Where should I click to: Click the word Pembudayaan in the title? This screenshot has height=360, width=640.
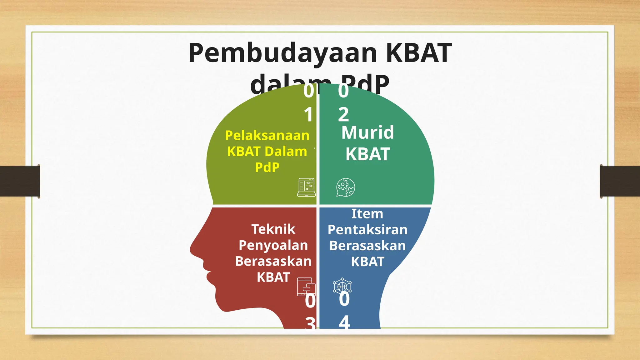click(x=283, y=53)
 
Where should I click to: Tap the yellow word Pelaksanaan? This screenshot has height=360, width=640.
click(x=267, y=136)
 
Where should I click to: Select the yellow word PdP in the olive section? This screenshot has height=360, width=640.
click(x=267, y=167)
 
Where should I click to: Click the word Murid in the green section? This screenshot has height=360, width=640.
click(x=367, y=132)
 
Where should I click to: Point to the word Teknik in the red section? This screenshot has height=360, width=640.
click(x=273, y=229)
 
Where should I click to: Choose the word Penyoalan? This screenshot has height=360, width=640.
click(x=273, y=245)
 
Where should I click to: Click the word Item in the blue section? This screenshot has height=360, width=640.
click(x=367, y=214)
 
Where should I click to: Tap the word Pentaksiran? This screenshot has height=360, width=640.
click(x=367, y=230)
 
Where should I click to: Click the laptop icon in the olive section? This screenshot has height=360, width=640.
click(x=306, y=187)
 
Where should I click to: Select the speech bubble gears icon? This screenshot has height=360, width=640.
click(x=345, y=187)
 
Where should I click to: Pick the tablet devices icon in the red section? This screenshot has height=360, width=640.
click(x=306, y=287)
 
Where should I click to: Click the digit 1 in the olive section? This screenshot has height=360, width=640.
click(x=308, y=115)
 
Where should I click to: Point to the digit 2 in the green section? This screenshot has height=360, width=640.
click(x=343, y=115)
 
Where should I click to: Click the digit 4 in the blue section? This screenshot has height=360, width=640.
click(x=344, y=322)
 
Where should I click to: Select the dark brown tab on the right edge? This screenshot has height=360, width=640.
click(x=620, y=181)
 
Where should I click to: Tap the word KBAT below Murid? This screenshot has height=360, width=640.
click(x=368, y=154)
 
